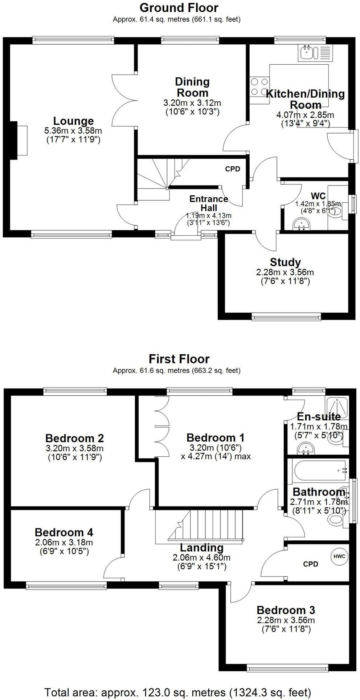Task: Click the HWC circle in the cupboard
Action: pyautogui.click(x=339, y=556)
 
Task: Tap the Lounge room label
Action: pyautogui.click(x=74, y=121)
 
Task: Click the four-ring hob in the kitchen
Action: pyautogui.click(x=259, y=87)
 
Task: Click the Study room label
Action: pyautogui.click(x=285, y=262)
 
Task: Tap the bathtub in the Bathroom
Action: pyautogui.click(x=320, y=470)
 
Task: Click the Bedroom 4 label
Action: pyautogui.click(x=64, y=532)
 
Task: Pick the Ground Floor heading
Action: pyautogui.click(x=179, y=8)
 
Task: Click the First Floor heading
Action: pyautogui.click(x=179, y=359)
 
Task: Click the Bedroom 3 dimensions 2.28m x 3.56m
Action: pyautogui.click(x=286, y=620)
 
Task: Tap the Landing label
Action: pyautogui.click(x=202, y=548)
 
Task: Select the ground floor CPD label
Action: pyautogui.click(x=233, y=169)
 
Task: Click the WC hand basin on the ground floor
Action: pyautogui.click(x=302, y=224)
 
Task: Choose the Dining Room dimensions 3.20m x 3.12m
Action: pyautogui.click(x=192, y=103)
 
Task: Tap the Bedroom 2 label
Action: pyautogui.click(x=75, y=437)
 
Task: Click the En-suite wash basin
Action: pyautogui.click(x=304, y=449)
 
